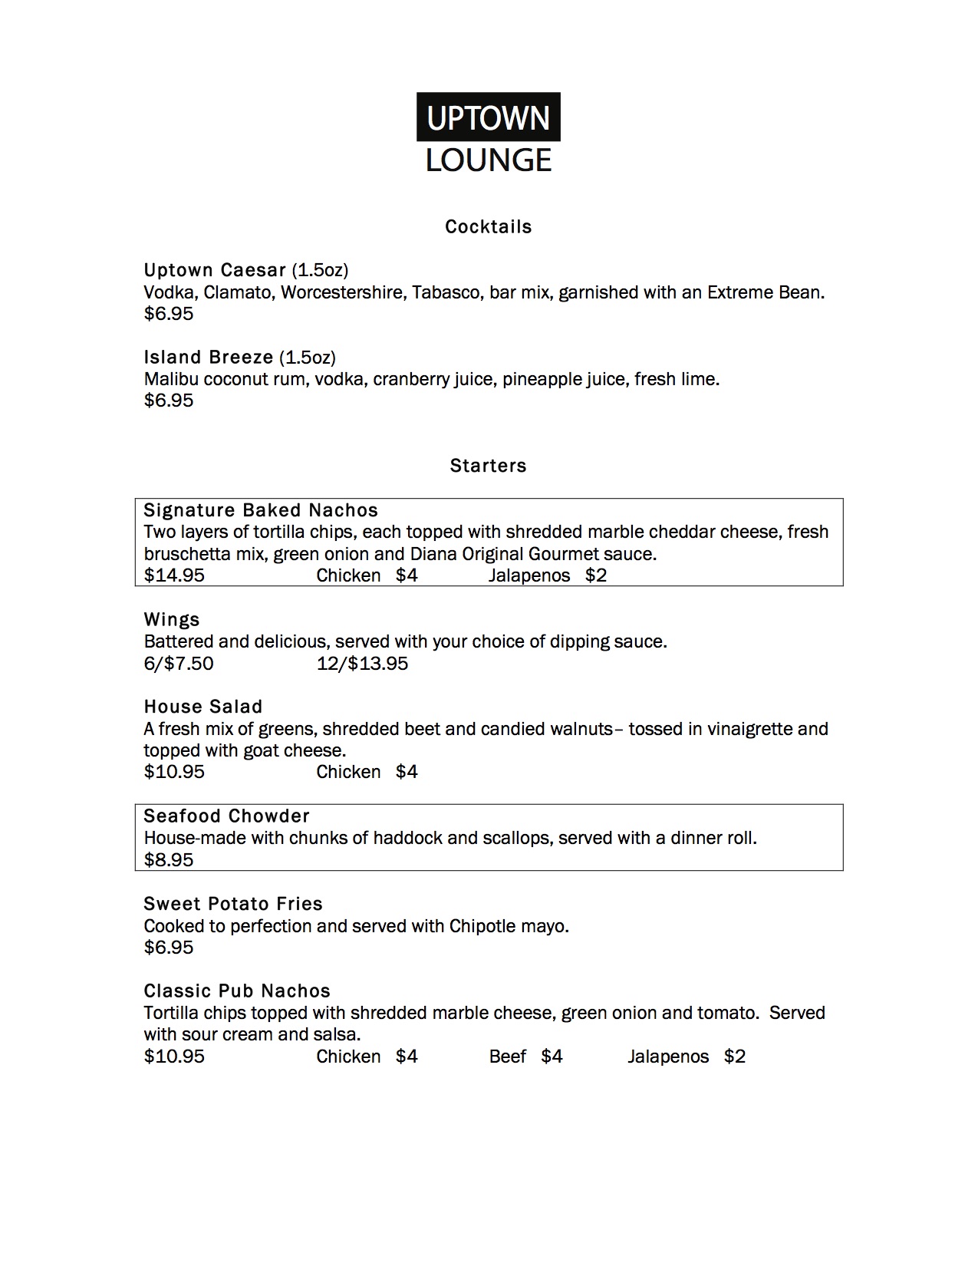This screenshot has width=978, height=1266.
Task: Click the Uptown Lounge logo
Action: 489,134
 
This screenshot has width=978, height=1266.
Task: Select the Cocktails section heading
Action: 489,227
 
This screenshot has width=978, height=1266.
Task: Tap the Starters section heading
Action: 489,466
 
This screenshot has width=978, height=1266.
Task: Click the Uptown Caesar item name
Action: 215,270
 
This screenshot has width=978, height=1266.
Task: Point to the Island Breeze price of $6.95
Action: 169,401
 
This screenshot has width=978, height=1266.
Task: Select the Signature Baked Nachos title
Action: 261,511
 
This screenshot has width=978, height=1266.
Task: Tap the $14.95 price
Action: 174,575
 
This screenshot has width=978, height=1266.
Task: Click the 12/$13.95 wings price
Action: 362,664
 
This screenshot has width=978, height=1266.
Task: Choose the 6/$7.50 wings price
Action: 179,664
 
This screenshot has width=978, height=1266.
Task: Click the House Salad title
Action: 203,707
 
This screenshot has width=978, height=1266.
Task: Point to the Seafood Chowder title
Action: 227,816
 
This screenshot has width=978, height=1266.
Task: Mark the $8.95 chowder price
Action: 169,860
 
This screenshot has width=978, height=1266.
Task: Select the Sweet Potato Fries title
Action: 233,904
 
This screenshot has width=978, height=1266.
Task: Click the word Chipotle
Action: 482,926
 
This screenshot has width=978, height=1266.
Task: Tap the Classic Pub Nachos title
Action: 237,991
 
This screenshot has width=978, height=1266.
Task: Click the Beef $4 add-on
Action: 525,1057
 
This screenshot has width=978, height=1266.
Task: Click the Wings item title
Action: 172,620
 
